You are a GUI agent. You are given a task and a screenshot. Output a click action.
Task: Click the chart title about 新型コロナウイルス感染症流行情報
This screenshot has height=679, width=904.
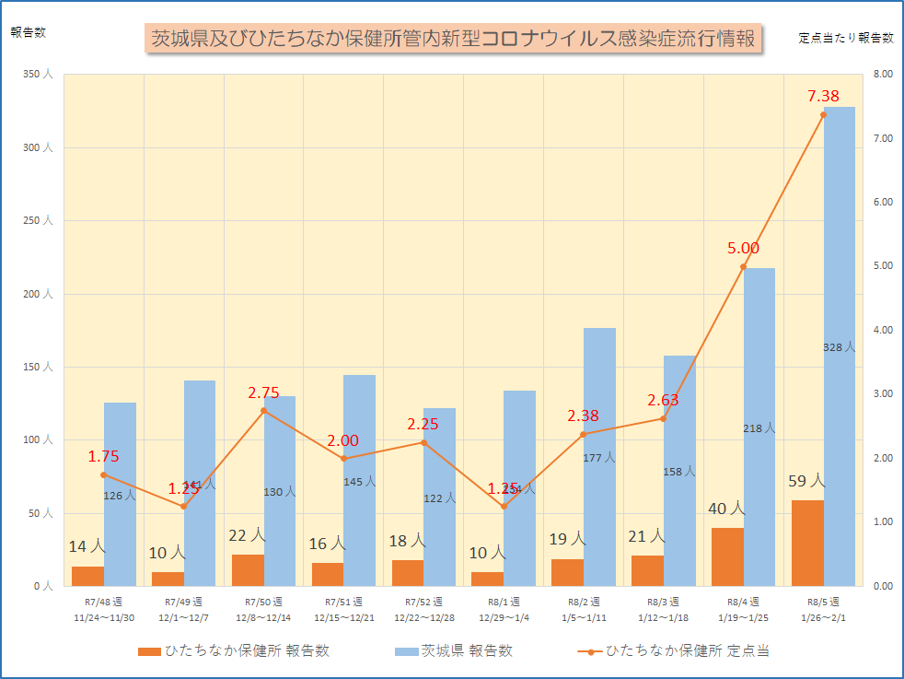(453, 39)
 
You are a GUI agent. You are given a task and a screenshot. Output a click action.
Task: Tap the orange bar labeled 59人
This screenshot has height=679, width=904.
(807, 543)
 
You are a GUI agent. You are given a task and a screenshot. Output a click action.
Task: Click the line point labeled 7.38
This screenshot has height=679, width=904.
(823, 114)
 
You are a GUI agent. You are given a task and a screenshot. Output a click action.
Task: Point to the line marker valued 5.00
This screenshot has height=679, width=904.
(743, 266)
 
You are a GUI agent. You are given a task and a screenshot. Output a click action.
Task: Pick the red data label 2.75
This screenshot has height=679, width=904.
(263, 392)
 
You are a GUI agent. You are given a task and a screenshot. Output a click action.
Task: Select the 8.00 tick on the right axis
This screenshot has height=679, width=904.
(881, 75)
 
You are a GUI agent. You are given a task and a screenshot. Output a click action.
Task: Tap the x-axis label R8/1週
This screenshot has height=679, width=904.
(503, 602)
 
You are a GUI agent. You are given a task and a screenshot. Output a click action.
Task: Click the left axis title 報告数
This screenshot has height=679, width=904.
(28, 31)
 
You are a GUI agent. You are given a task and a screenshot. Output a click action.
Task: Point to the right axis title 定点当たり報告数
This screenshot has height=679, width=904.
(846, 38)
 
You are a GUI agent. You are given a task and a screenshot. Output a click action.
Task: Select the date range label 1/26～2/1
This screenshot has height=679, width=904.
(823, 617)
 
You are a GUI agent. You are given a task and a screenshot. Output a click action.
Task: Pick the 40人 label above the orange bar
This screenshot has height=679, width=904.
(726, 509)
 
